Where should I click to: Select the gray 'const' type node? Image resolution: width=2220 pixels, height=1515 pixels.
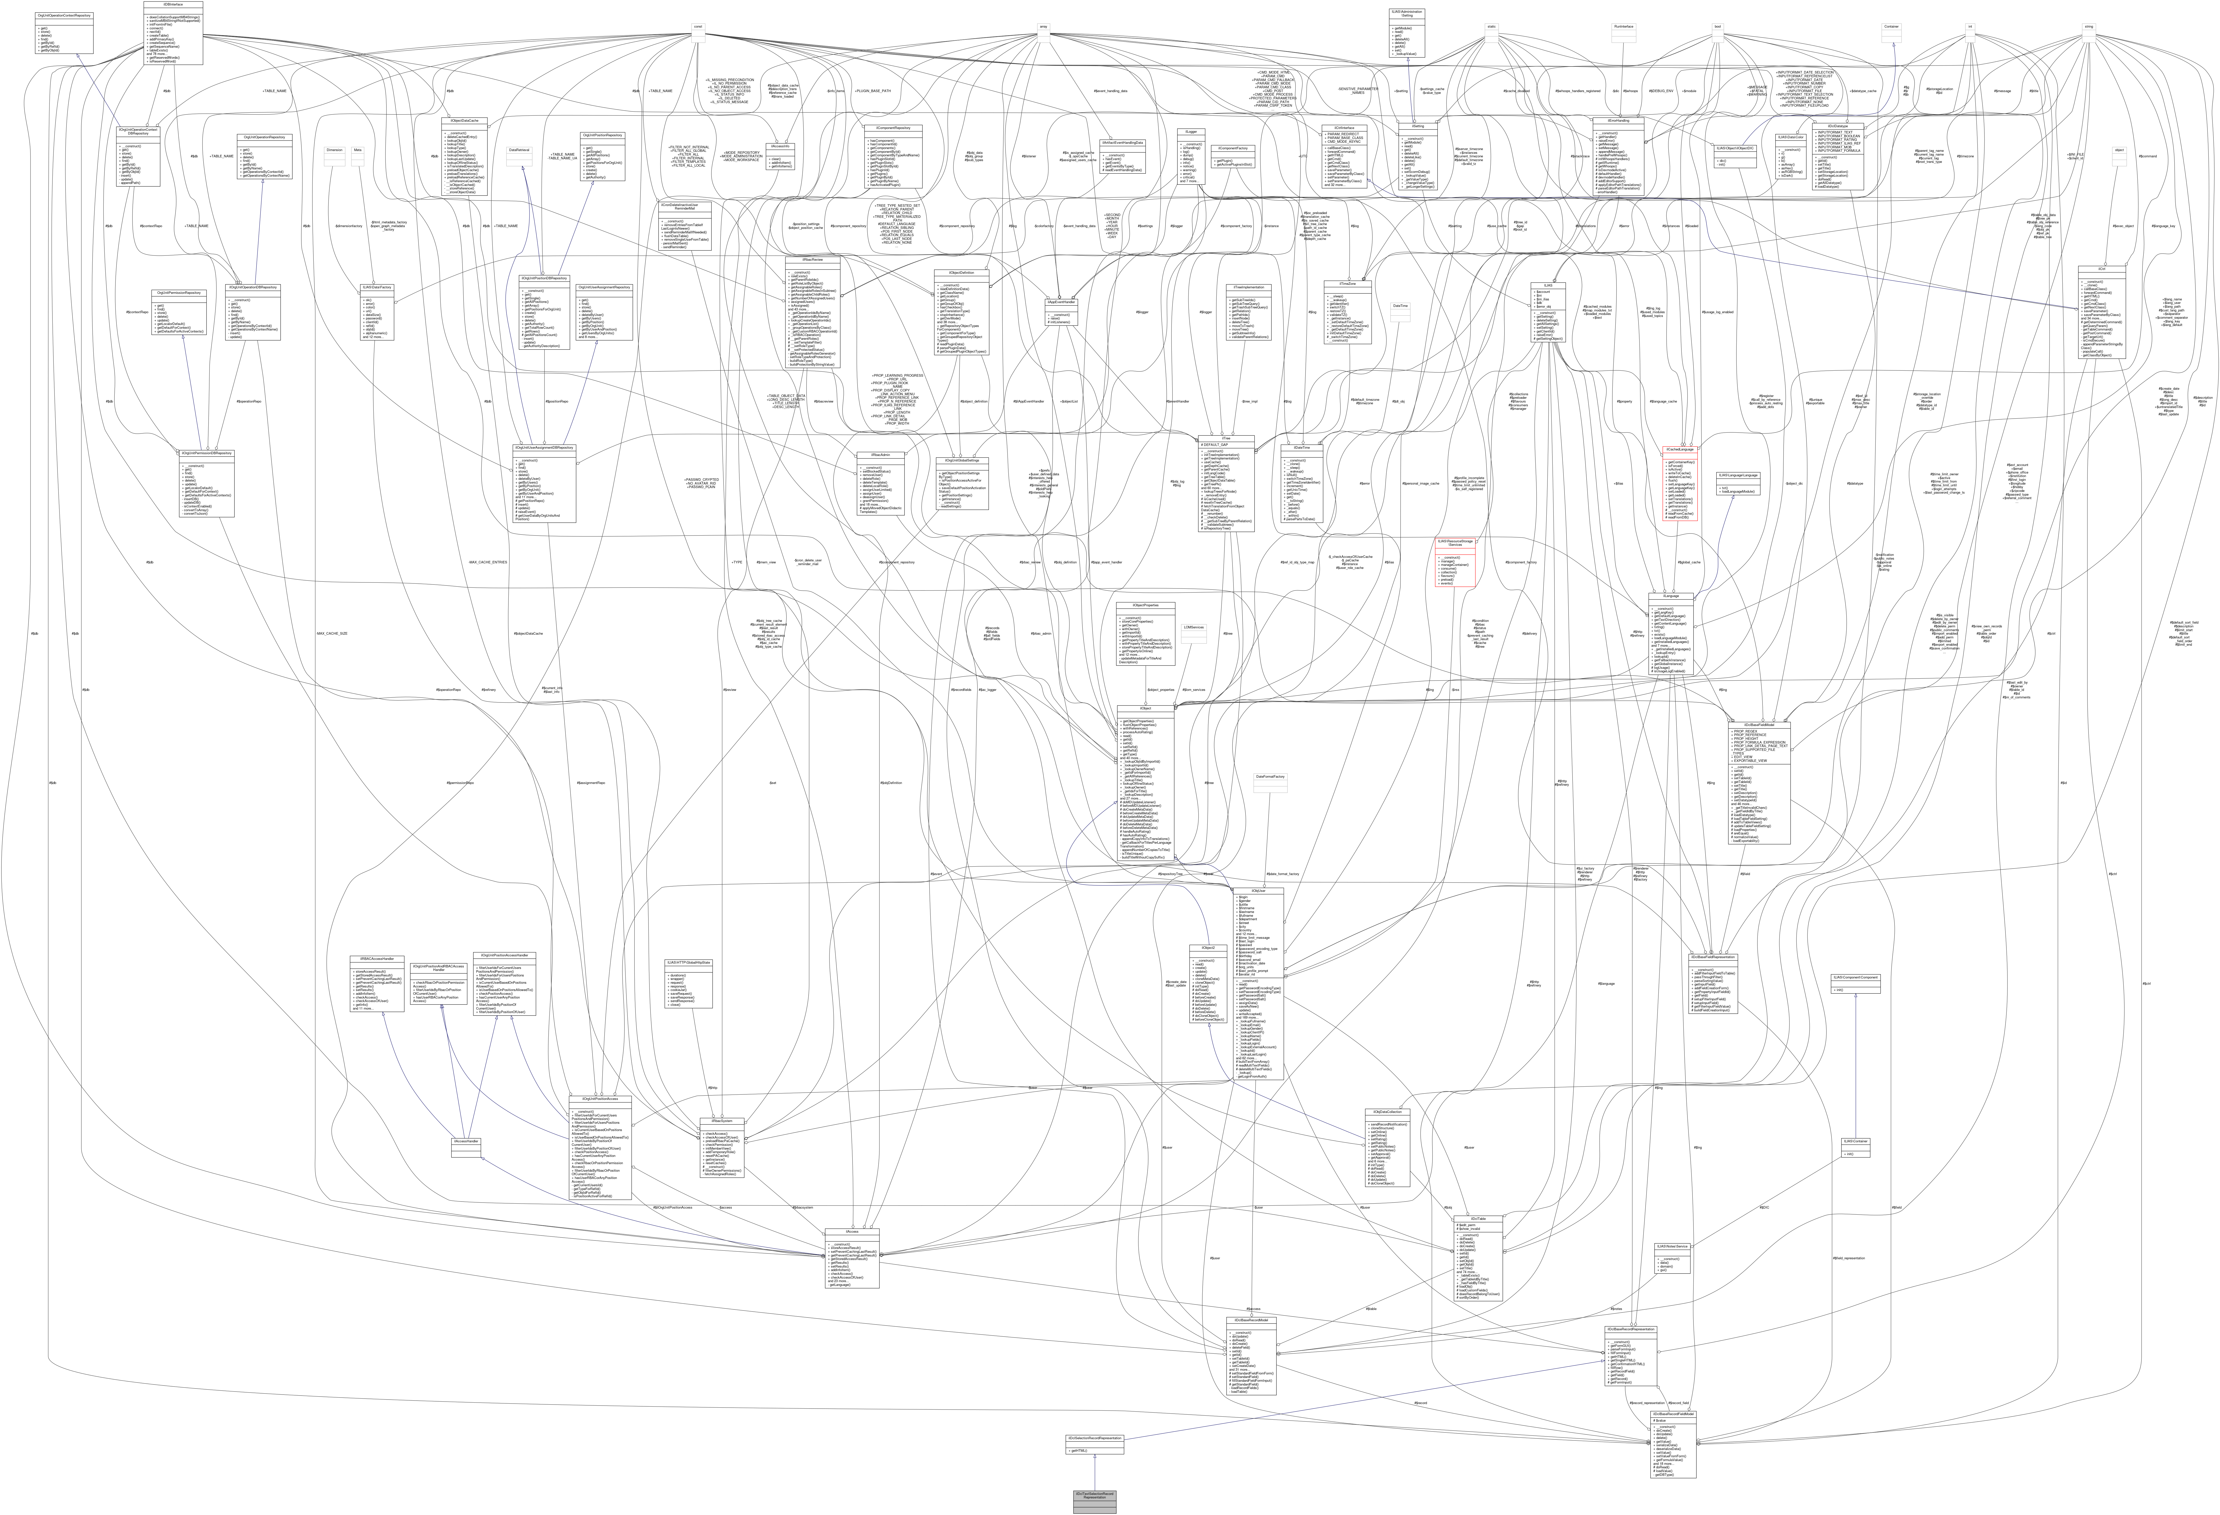coord(698,27)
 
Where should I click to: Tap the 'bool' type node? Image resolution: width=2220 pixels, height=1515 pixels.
coord(1718,27)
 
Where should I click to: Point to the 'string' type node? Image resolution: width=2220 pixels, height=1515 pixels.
coord(2089,27)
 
